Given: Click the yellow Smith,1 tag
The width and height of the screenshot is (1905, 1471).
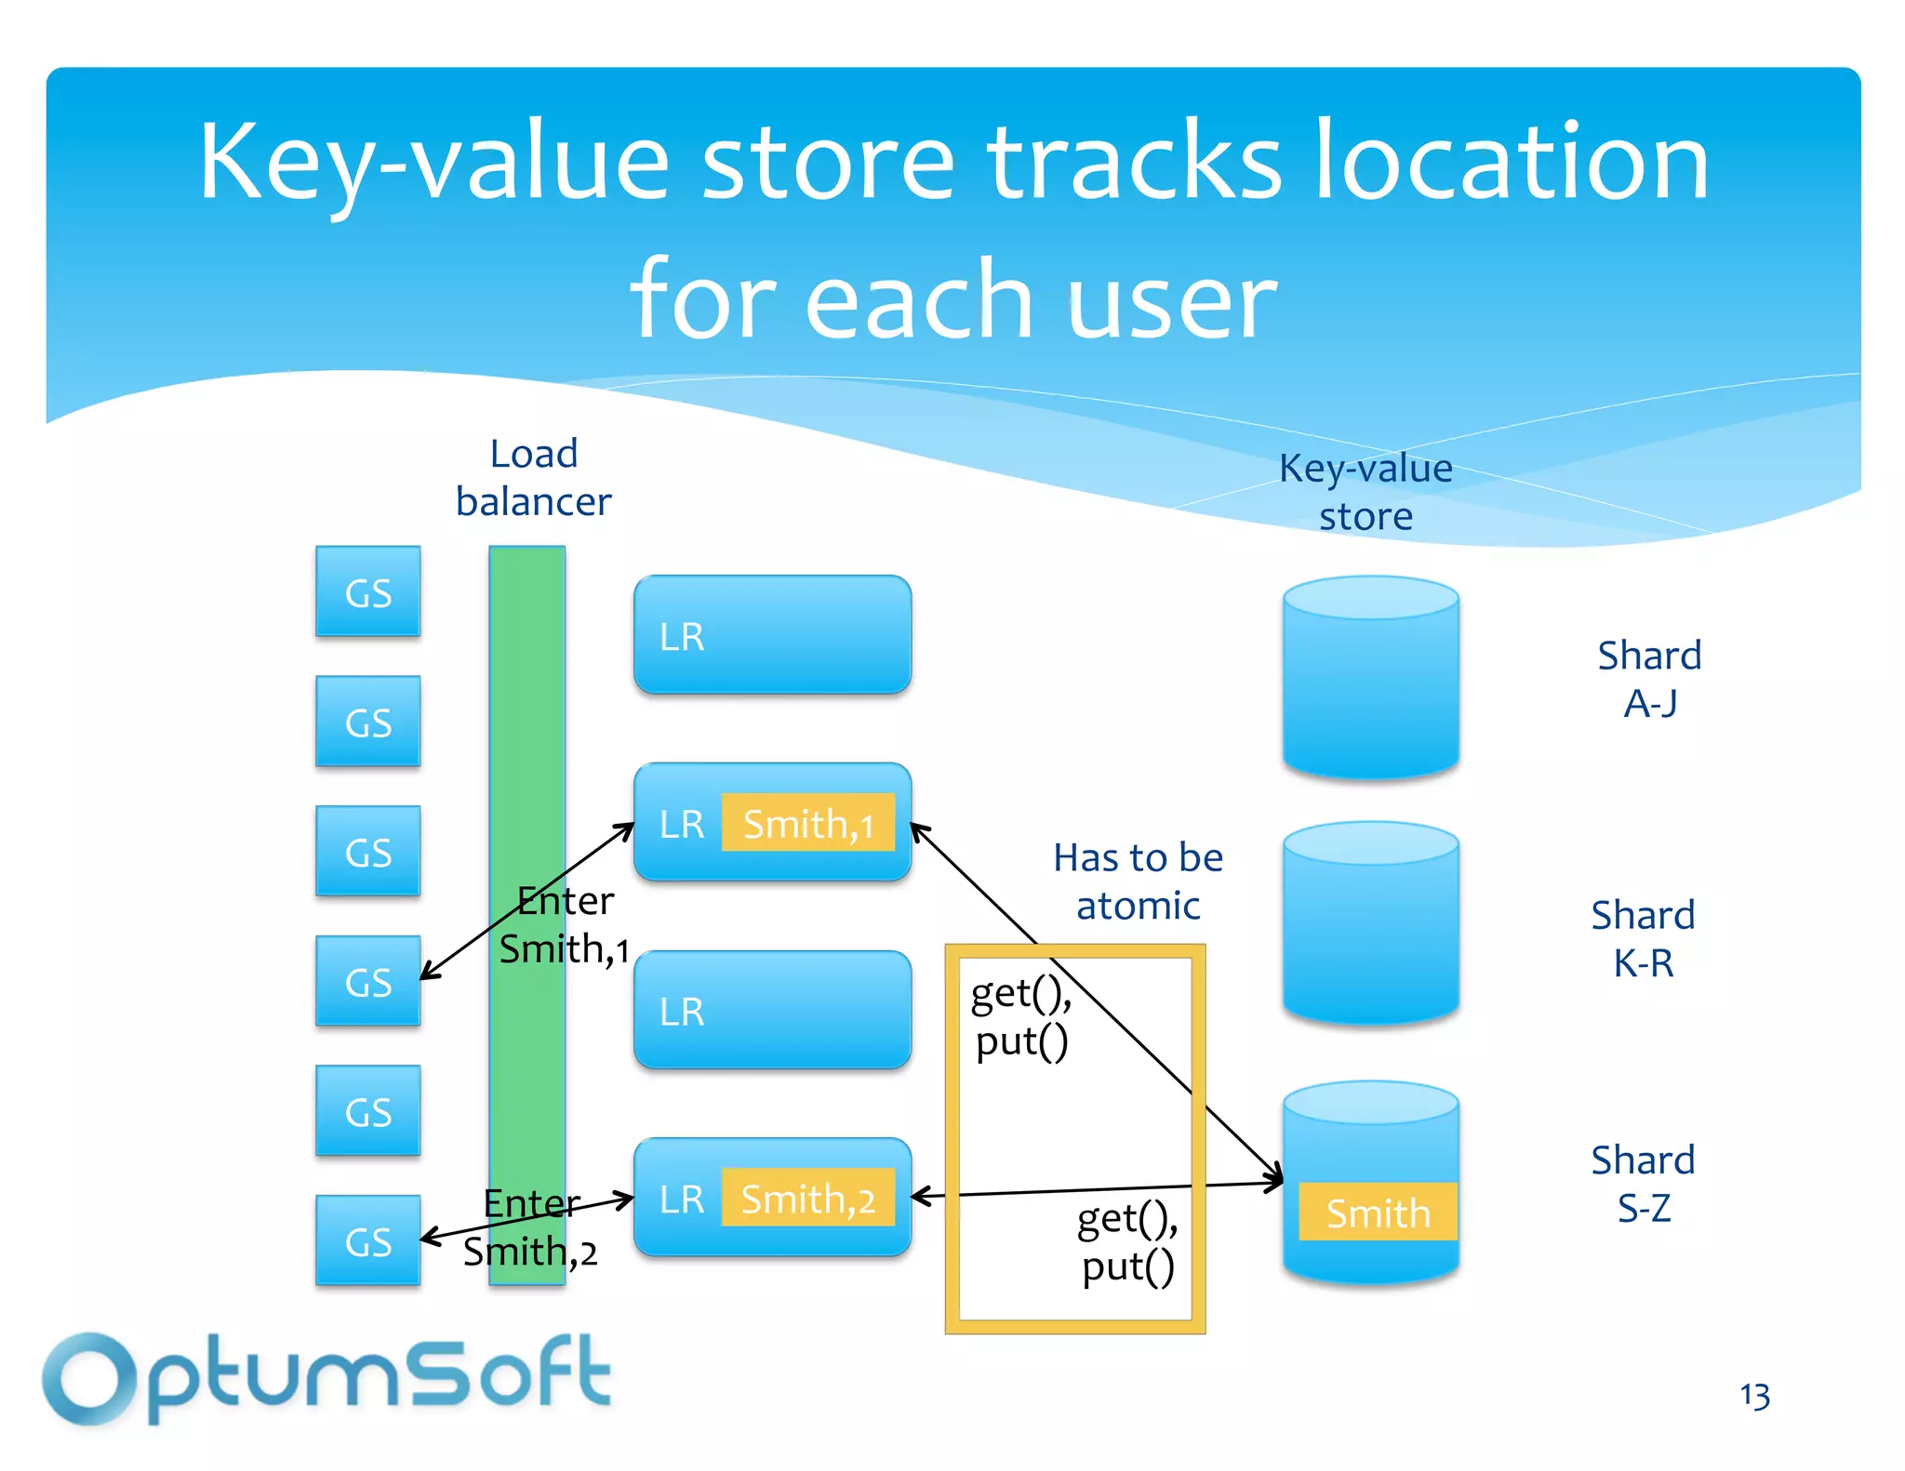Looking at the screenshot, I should (x=807, y=823).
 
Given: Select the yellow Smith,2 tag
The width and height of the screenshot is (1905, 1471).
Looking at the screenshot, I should (x=807, y=1198).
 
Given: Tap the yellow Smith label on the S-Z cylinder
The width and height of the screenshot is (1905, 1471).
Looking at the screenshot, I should (x=1377, y=1213).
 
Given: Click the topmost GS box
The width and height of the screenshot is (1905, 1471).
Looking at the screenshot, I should (x=368, y=592).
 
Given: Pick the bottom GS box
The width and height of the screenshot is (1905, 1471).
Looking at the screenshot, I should (x=368, y=1240).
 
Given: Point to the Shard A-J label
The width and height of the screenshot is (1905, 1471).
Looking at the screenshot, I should (x=1649, y=679).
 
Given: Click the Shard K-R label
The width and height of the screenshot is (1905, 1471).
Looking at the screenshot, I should (x=1643, y=938).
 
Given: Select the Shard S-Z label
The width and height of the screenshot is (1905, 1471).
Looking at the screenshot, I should (x=1643, y=1184).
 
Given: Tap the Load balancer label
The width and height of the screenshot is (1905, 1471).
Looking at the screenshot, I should (x=533, y=478).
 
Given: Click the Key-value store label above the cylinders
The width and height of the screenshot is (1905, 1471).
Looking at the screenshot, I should (x=1365, y=492).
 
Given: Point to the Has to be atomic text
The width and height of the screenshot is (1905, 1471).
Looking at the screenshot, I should (x=1138, y=881).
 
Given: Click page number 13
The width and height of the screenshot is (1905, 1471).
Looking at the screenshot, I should (x=1754, y=1396).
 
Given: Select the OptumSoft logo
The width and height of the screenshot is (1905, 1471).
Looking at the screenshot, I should (x=326, y=1379).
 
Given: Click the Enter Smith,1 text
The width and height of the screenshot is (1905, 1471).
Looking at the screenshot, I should (x=566, y=925).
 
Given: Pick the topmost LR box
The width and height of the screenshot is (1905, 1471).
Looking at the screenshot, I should (x=772, y=635).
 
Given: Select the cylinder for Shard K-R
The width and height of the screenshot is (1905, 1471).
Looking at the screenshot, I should (x=1370, y=923).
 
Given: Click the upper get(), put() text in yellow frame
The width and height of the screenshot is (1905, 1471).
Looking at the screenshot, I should (x=1021, y=1017).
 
